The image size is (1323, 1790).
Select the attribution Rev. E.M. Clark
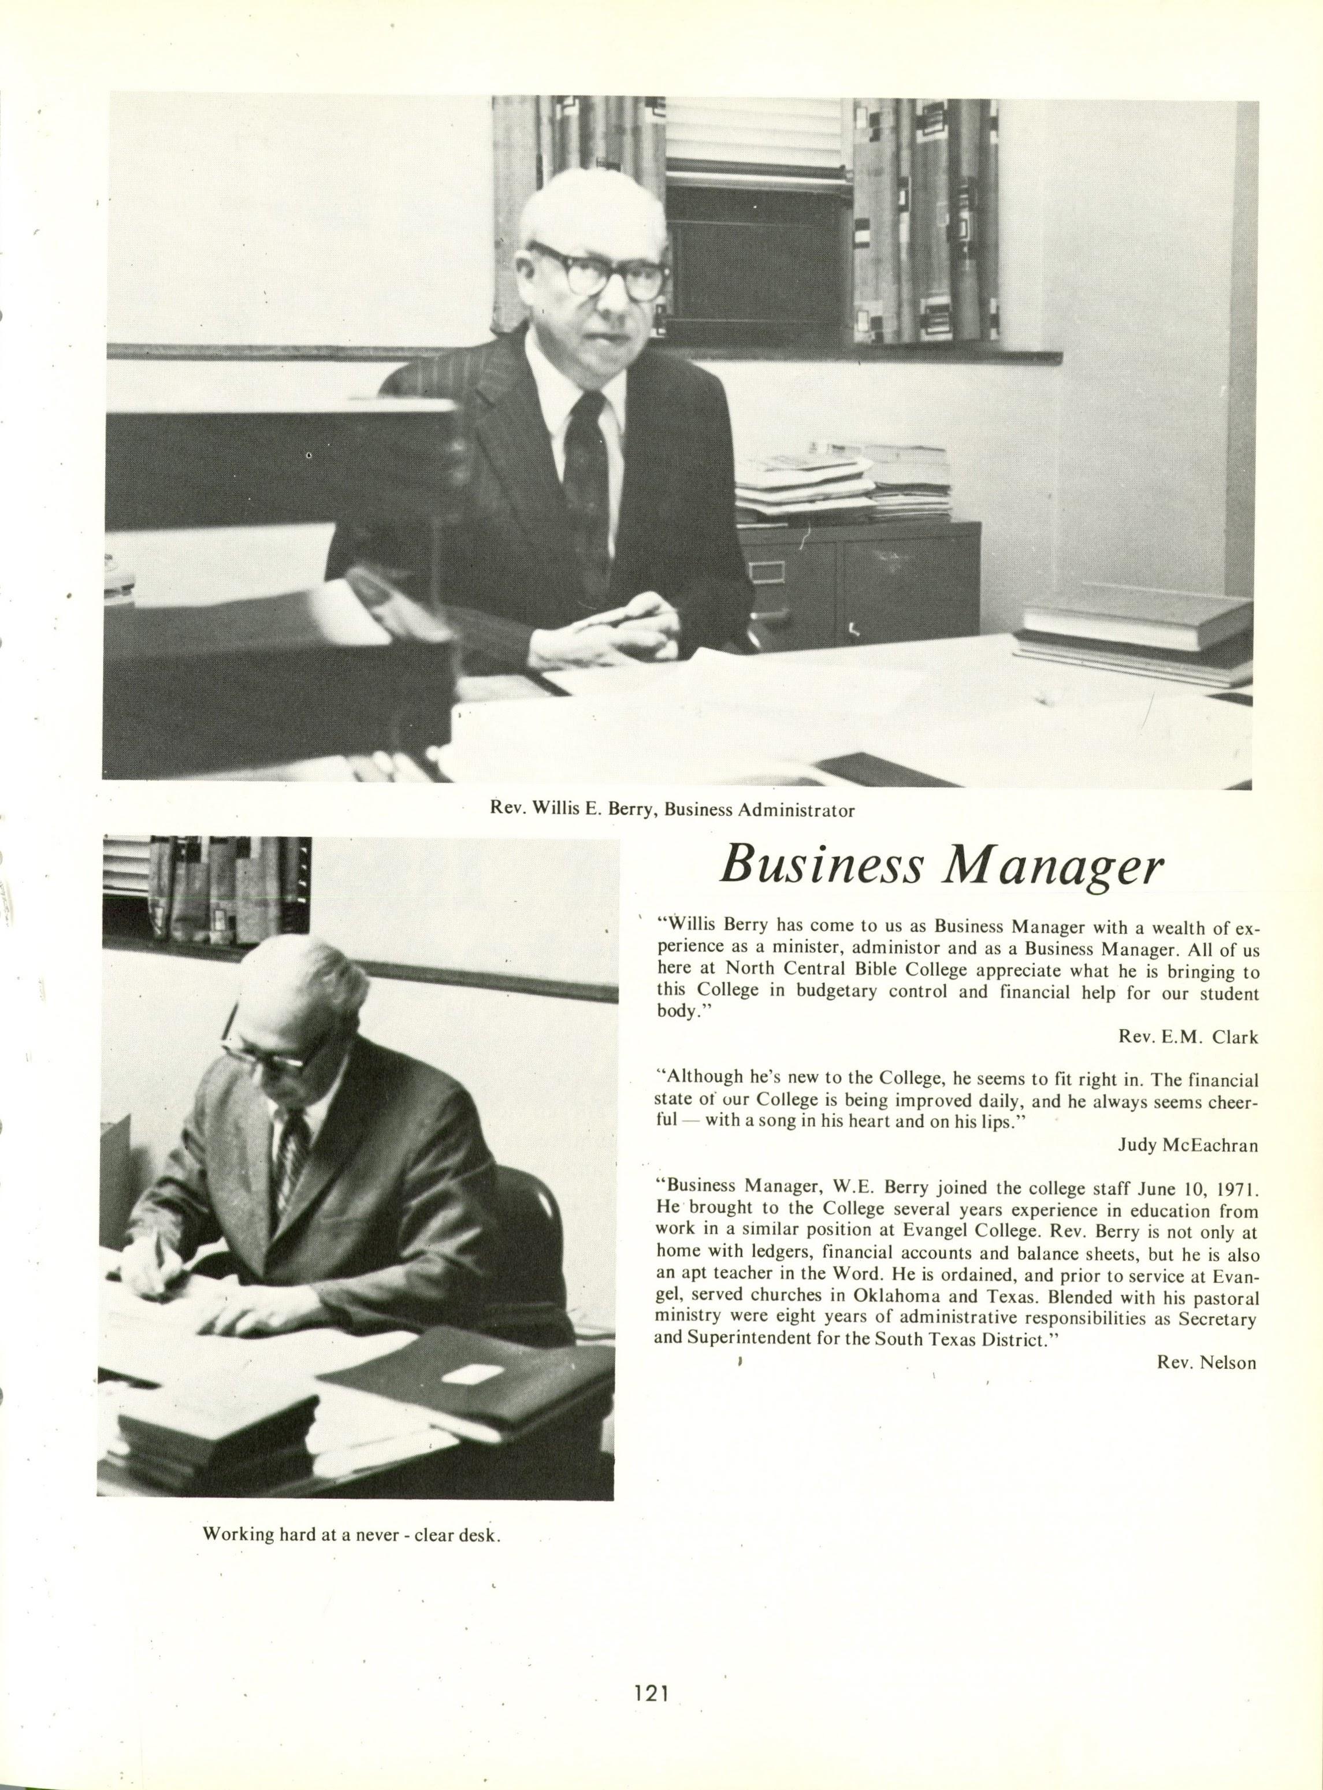click(1188, 1037)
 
